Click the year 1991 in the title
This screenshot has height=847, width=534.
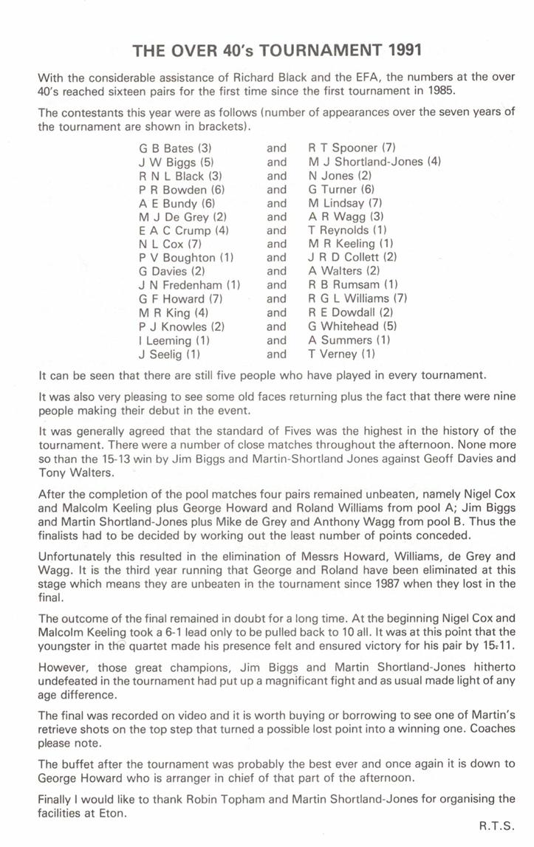(x=402, y=51)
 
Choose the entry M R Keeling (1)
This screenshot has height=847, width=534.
(x=351, y=244)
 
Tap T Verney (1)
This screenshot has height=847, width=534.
(x=342, y=354)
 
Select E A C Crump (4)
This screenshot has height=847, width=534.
(x=184, y=230)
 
